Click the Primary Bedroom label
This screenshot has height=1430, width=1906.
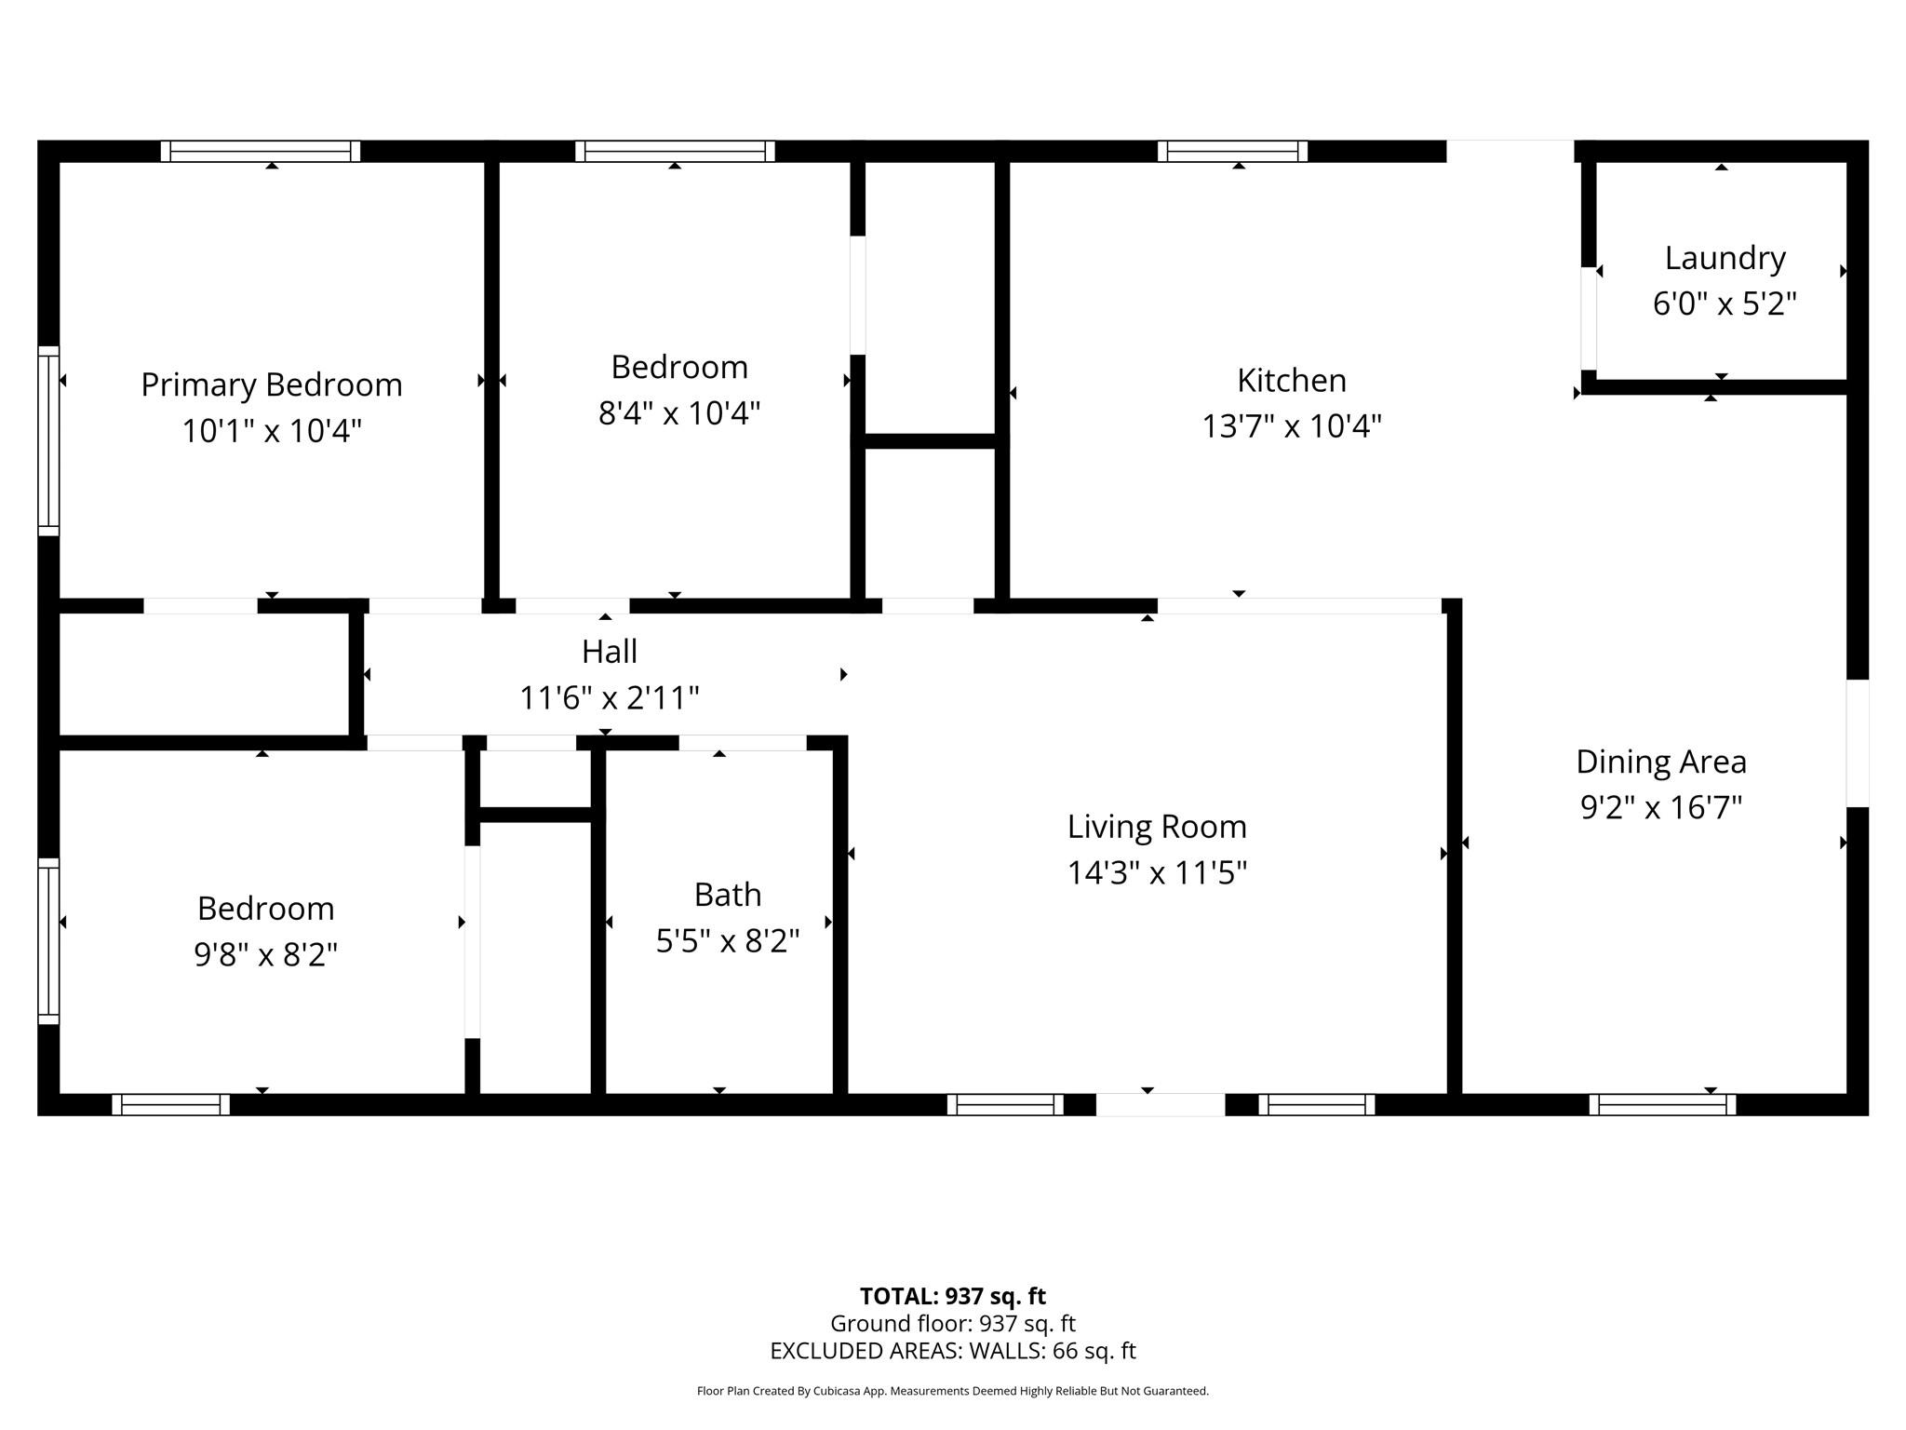(x=271, y=384)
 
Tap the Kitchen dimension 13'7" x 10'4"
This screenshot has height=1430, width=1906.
(x=1292, y=426)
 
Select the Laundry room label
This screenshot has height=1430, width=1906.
(x=1725, y=258)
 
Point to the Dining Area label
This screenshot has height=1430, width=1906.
(x=1660, y=762)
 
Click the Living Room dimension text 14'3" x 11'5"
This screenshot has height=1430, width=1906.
(x=1156, y=873)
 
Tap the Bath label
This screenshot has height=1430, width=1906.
(x=727, y=895)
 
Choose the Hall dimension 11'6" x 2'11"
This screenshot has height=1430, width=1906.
(x=609, y=697)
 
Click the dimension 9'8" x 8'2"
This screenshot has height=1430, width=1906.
(x=265, y=954)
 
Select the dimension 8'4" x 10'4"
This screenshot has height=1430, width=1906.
(x=678, y=412)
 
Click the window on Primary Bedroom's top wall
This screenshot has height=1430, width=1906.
(x=261, y=151)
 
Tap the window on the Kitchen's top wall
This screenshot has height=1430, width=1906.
(x=1232, y=151)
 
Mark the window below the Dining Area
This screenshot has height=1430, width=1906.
(x=1662, y=1105)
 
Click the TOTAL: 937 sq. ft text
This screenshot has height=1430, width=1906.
(x=952, y=1296)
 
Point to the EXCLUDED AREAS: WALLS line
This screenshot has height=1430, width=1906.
(x=952, y=1351)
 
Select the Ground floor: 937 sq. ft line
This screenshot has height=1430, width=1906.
(x=952, y=1323)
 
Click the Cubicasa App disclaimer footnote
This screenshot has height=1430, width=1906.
(x=952, y=1391)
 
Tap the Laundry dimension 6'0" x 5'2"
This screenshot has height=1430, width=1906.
(x=1724, y=304)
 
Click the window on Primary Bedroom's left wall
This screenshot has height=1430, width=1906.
(x=48, y=440)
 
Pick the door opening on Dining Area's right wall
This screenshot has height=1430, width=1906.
(x=1857, y=743)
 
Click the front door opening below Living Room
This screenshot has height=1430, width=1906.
(x=1160, y=1105)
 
